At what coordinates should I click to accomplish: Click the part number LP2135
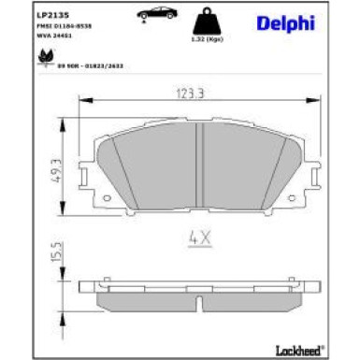pos(50,14)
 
